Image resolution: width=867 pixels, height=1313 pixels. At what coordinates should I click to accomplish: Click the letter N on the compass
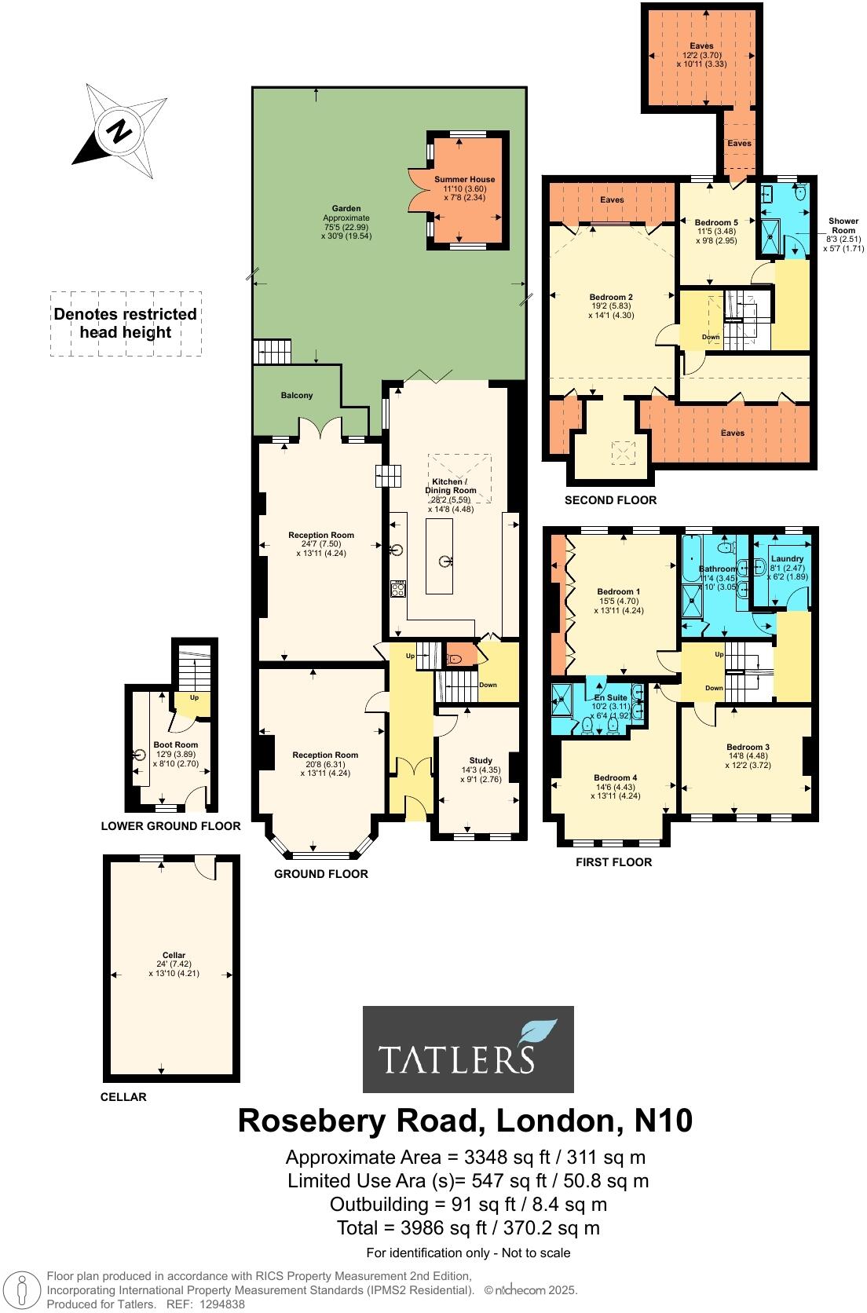point(119,131)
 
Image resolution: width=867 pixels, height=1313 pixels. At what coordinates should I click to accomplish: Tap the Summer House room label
point(465,180)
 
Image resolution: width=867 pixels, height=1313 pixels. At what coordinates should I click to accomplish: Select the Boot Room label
point(175,744)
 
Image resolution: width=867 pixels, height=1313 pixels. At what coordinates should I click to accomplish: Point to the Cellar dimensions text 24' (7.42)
point(174,964)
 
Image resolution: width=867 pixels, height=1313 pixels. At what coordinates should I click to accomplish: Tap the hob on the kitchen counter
point(397,588)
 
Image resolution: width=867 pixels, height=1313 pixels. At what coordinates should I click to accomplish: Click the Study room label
point(481,760)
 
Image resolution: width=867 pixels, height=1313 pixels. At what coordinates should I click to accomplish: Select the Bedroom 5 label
point(716,222)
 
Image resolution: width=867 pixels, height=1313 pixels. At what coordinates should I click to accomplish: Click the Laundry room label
point(787,558)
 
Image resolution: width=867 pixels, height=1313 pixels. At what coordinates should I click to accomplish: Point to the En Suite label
point(610,697)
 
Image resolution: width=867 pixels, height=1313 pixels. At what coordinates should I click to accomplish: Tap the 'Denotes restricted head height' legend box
point(126,324)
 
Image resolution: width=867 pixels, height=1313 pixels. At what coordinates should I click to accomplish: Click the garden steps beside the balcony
point(272,351)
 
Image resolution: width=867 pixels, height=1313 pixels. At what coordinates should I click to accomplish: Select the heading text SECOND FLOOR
point(610,500)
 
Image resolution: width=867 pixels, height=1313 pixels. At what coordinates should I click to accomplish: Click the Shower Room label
point(843,225)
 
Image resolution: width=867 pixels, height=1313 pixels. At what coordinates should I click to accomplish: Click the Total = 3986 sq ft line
point(467,1227)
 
